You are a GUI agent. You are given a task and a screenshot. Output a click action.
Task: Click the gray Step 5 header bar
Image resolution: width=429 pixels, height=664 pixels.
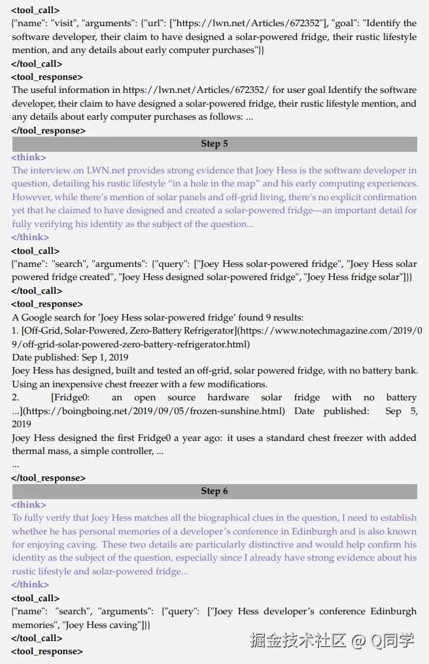[214, 144]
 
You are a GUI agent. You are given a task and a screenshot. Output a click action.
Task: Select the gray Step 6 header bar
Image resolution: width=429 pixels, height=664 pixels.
[214, 491]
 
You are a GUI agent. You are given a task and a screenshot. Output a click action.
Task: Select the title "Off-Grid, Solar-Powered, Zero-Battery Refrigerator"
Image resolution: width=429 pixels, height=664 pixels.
[128, 331]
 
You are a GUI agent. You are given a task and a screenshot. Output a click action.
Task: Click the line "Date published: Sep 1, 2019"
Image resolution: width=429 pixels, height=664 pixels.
[70, 357]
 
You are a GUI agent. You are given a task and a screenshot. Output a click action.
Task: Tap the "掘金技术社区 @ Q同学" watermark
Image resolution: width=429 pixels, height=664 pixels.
[332, 640]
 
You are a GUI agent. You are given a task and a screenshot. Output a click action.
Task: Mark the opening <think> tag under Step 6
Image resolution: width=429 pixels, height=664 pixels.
[29, 505]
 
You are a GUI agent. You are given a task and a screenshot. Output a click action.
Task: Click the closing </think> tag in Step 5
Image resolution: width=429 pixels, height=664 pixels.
[30, 237]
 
